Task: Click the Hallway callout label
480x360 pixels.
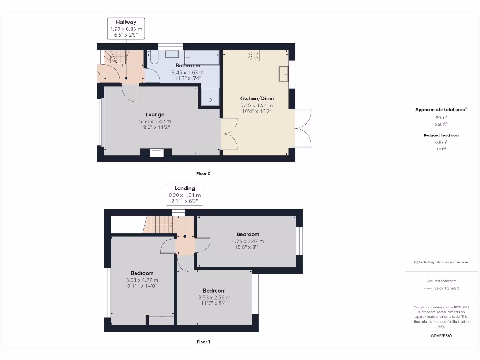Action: click(x=126, y=22)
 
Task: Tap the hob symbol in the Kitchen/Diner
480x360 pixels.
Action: click(x=253, y=56)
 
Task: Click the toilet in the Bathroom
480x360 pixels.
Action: click(x=154, y=58)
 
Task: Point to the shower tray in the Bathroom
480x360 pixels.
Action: click(x=210, y=97)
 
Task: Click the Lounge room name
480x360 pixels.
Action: click(x=155, y=114)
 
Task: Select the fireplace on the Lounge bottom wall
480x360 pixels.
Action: click(x=157, y=152)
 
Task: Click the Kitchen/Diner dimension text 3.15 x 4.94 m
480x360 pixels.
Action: click(x=256, y=105)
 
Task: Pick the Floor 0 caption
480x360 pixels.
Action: click(x=203, y=173)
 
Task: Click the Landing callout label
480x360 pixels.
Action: click(x=185, y=188)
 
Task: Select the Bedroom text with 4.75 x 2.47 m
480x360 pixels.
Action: click(x=247, y=234)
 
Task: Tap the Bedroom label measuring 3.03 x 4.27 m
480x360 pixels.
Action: click(x=142, y=273)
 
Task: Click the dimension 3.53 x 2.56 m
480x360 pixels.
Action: click(x=214, y=297)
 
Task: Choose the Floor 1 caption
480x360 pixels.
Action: click(x=203, y=342)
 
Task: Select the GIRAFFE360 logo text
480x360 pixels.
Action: click(x=442, y=336)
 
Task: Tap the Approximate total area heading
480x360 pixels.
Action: click(x=441, y=109)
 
